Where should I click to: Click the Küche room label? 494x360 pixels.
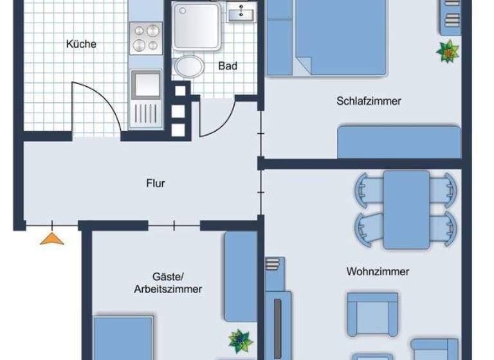81,44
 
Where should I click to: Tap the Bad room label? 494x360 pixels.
228,66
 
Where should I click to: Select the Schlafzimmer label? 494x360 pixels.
369,101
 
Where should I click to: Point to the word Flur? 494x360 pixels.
156,183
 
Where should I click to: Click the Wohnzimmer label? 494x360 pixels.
378,271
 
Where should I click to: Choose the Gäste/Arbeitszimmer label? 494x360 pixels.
168,283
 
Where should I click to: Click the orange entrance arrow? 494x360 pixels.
53,239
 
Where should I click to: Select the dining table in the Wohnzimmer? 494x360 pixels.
406,209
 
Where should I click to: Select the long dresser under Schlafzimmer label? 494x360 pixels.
399,141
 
